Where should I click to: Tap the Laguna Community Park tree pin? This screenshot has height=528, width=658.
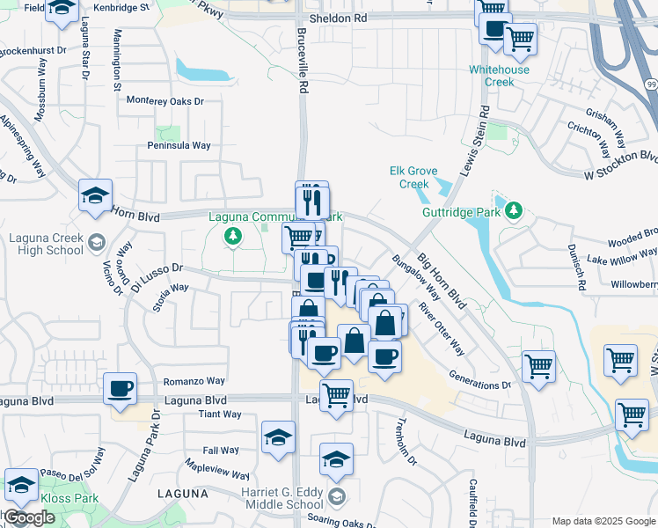233,236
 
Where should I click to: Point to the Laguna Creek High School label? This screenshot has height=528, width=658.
46,244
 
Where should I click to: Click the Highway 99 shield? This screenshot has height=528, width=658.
650,83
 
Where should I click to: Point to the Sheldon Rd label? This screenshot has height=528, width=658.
335,18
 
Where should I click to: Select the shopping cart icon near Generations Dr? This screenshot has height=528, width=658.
538,364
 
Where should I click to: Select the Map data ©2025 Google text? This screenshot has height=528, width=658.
603,520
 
